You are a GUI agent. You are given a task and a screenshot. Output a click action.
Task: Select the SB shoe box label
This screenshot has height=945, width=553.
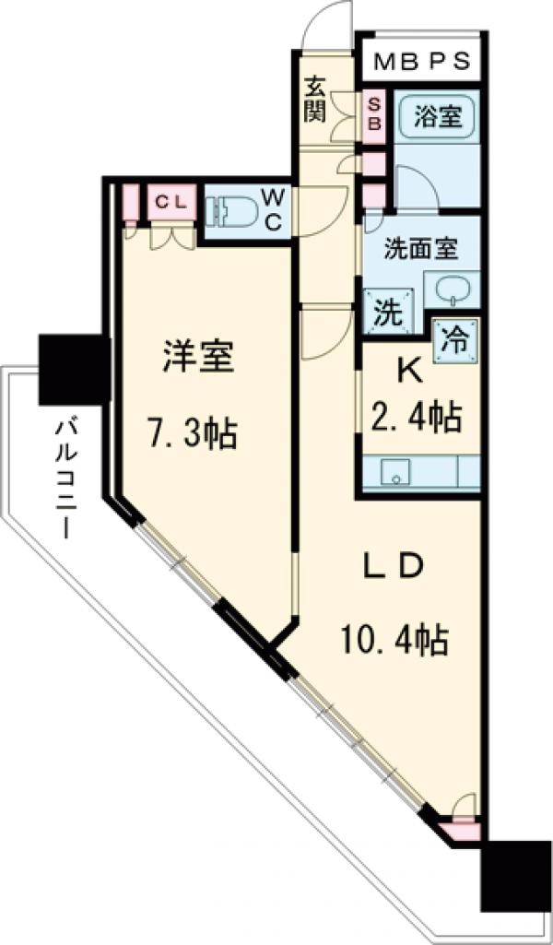click(375, 112)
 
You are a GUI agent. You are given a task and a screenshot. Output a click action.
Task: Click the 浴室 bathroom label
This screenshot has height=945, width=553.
click(438, 118)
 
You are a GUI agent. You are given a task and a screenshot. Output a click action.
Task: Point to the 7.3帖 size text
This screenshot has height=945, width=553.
click(195, 431)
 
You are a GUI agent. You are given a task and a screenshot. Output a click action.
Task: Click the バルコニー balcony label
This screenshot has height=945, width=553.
click(65, 480)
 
